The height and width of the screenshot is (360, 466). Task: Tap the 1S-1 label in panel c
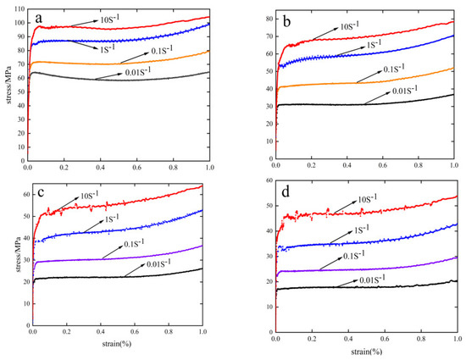[114, 219]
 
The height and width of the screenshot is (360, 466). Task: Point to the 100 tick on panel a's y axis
[19, 23]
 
